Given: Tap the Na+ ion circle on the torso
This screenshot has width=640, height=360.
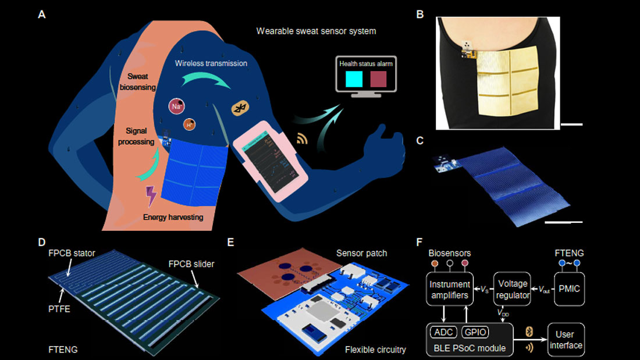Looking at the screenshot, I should (176, 106).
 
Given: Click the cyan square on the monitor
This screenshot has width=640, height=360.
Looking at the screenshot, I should (354, 79).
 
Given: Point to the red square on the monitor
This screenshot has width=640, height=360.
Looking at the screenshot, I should (382, 79).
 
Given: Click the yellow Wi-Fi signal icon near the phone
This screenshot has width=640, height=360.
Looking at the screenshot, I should (301, 140).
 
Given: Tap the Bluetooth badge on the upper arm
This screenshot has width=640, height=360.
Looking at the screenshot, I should (240, 109).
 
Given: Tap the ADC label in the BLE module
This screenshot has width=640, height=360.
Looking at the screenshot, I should (445, 332).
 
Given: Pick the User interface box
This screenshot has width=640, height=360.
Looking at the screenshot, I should (566, 340).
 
